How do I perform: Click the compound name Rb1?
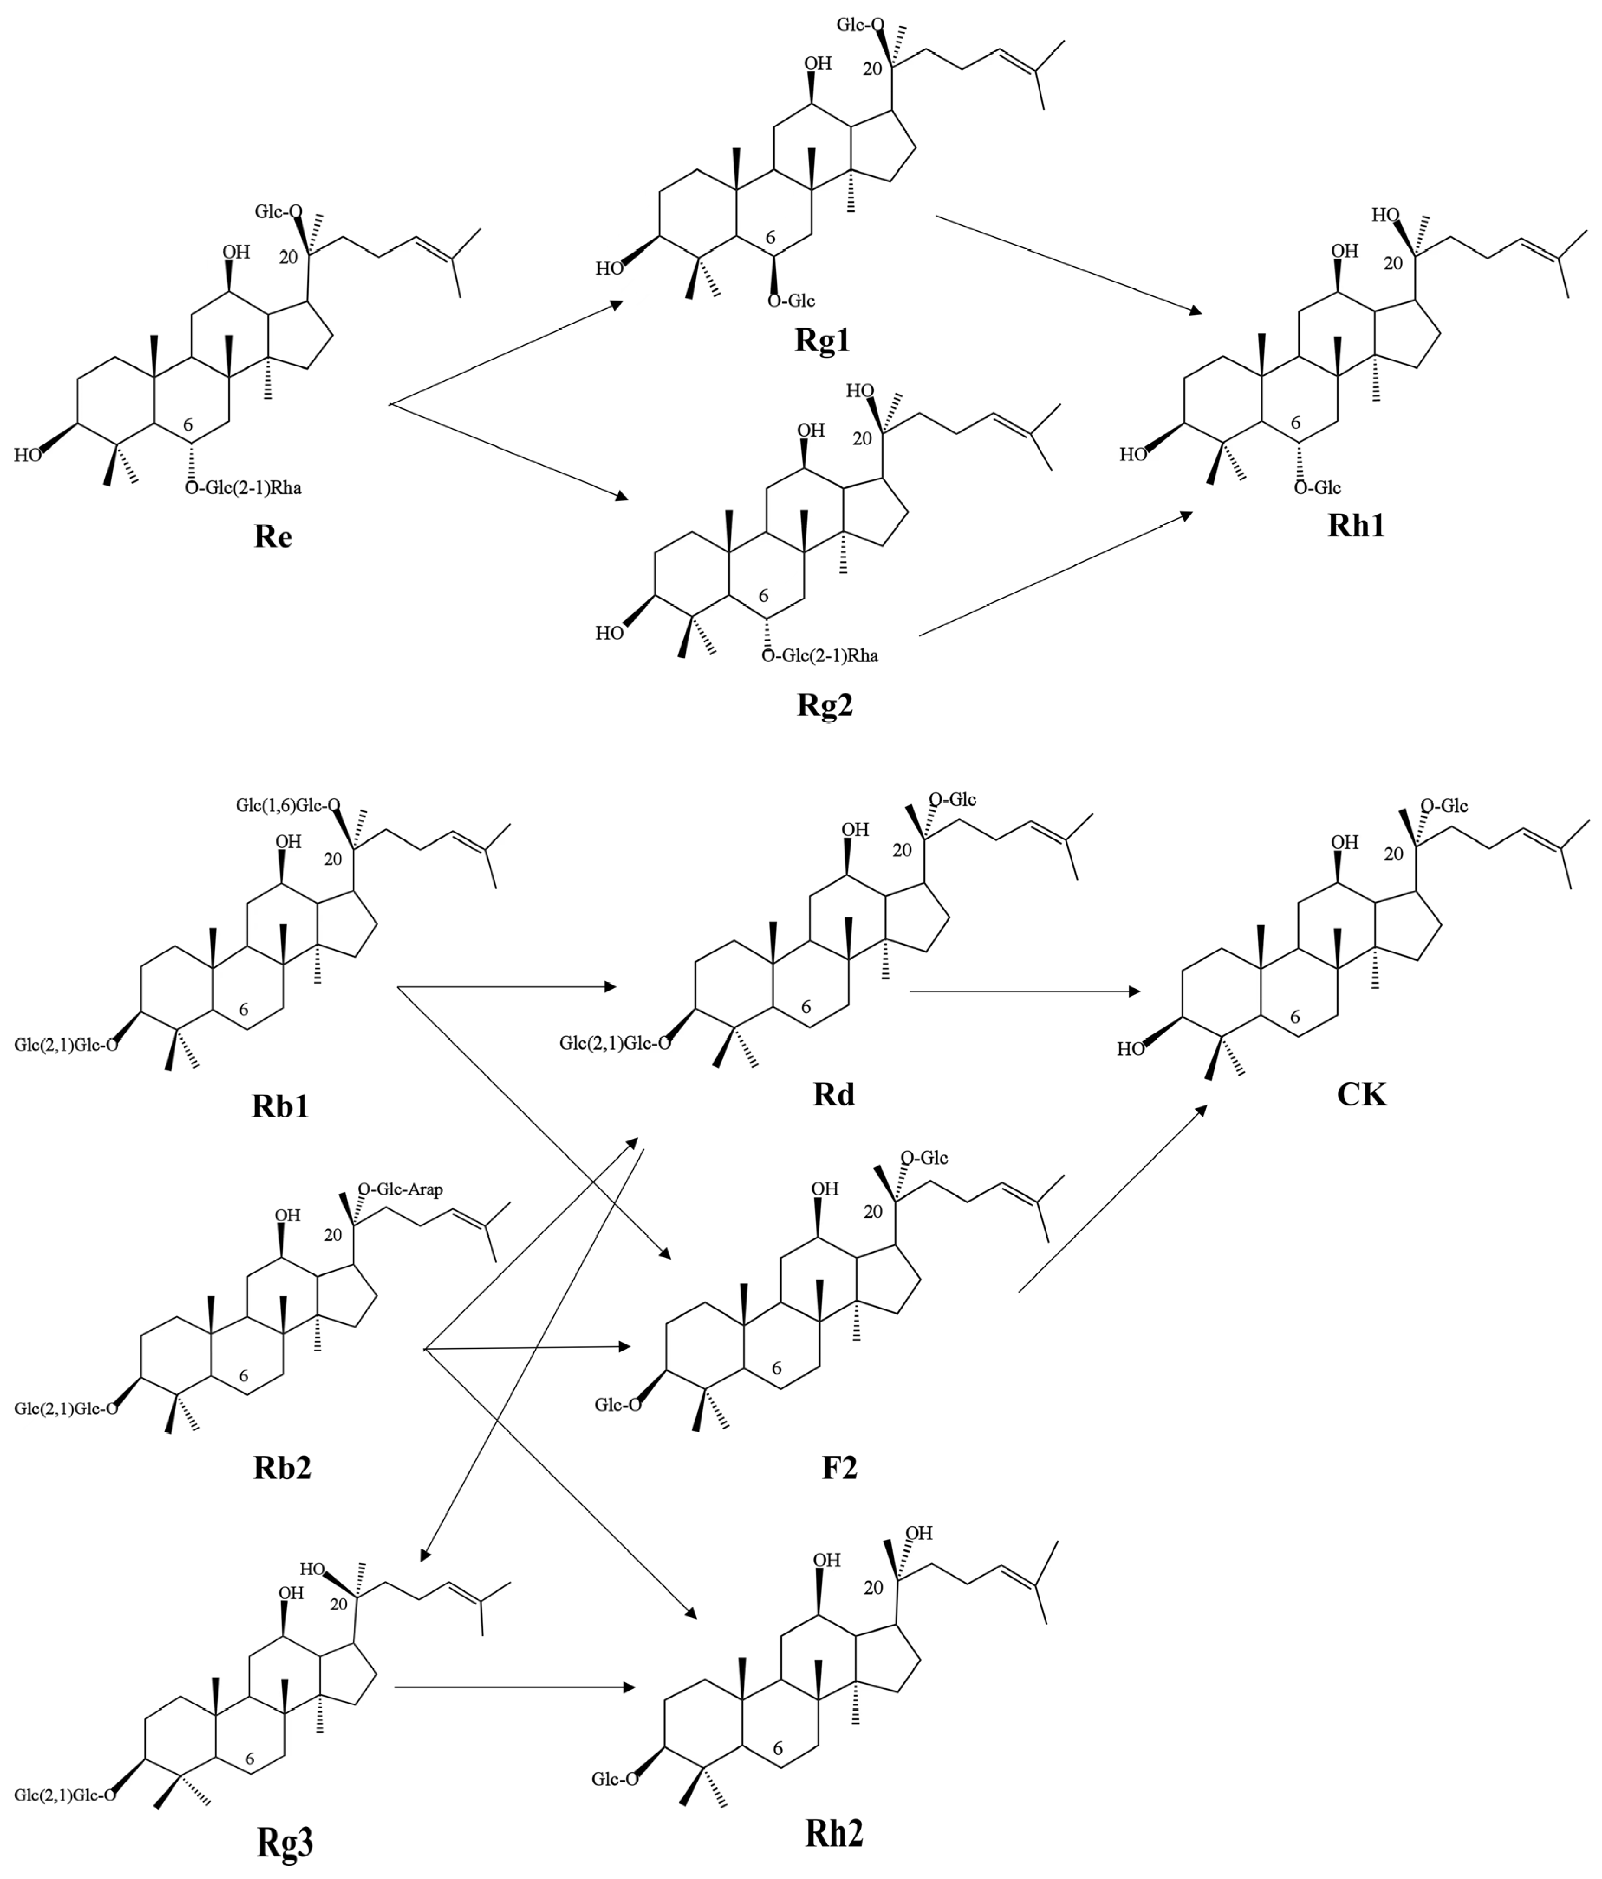tap(280, 1105)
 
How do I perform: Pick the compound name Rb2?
tap(282, 1466)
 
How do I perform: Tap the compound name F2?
tap(839, 1466)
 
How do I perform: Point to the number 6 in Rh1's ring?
tap(1295, 423)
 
